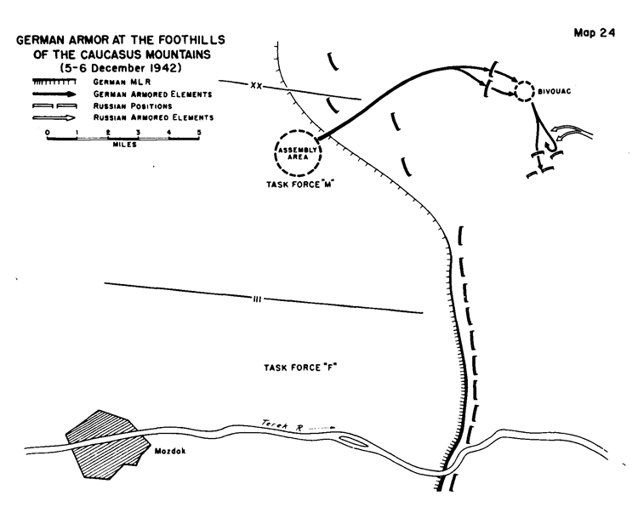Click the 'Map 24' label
tap(595, 33)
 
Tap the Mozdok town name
tap(170, 451)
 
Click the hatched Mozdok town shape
tap(105, 445)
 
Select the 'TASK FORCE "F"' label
tap(300, 367)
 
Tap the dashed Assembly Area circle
tap(299, 131)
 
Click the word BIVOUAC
tap(554, 92)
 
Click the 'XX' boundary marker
tap(256, 86)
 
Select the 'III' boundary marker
tap(257, 299)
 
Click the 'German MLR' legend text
tap(122, 83)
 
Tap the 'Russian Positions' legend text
tap(133, 106)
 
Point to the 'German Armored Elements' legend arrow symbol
tap(54, 94)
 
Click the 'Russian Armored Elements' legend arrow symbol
tap(54, 118)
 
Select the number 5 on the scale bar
tap(199, 133)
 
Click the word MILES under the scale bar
tap(124, 145)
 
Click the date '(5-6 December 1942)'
tap(121, 67)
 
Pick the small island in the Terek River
tap(352, 441)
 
